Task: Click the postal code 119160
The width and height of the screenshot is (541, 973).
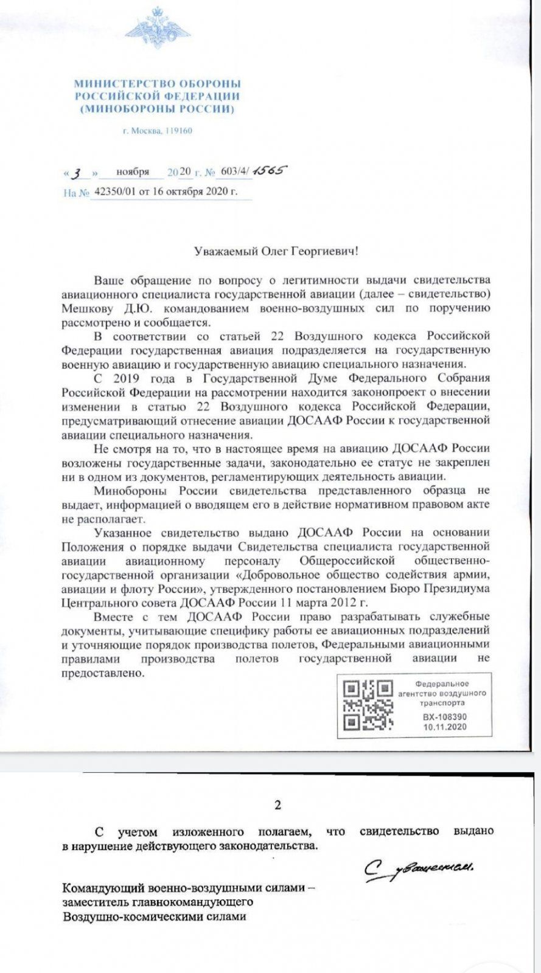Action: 178,131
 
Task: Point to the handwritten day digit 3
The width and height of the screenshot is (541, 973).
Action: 77,173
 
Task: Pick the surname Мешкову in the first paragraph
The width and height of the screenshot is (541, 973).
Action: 86,308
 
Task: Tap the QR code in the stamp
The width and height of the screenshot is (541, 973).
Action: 368,705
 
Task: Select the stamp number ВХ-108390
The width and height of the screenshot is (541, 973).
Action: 445,717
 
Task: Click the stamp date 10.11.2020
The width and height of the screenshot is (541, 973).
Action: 445,726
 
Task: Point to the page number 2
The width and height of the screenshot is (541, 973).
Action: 278,806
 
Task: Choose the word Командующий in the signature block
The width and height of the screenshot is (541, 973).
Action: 102,888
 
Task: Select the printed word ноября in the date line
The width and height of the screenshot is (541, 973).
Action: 133,172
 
